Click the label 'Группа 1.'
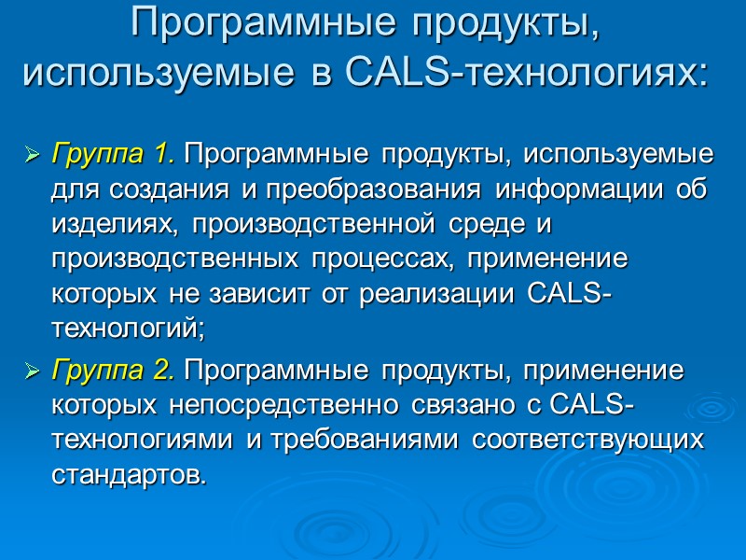[x=113, y=152]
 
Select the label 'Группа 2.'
[x=113, y=371]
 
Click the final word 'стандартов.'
[x=128, y=475]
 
